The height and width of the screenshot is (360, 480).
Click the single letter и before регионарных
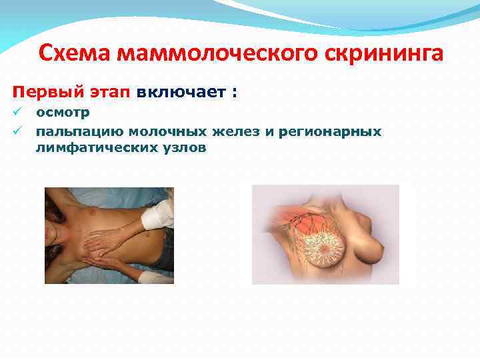tap(268, 131)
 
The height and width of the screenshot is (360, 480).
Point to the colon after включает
tap(233, 93)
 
